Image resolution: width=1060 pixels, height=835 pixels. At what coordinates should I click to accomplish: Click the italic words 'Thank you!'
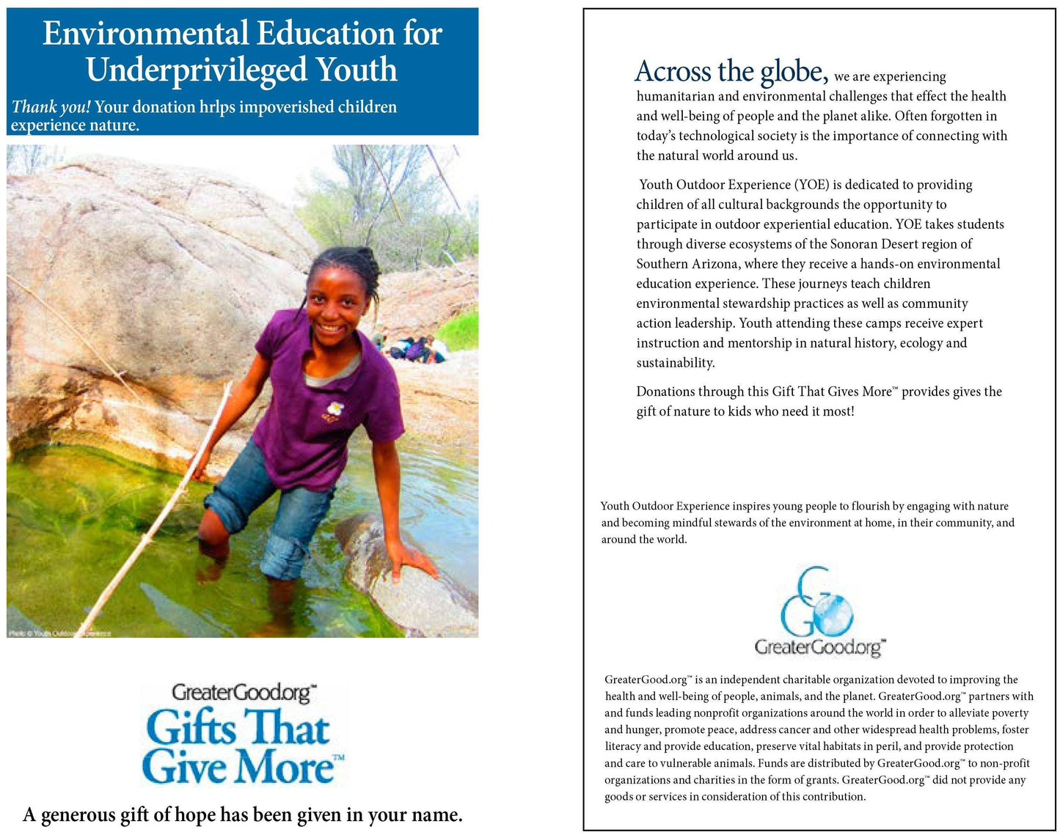[51, 107]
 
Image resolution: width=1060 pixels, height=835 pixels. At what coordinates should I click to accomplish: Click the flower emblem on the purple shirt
[335, 408]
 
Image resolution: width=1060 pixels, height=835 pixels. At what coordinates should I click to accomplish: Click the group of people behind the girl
[414, 348]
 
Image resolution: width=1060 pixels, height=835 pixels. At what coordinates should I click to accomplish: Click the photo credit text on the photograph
[59, 633]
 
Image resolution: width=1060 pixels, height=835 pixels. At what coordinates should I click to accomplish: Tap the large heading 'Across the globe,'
[731, 72]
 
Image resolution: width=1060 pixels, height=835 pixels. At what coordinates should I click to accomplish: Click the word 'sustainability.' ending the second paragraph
[675, 363]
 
